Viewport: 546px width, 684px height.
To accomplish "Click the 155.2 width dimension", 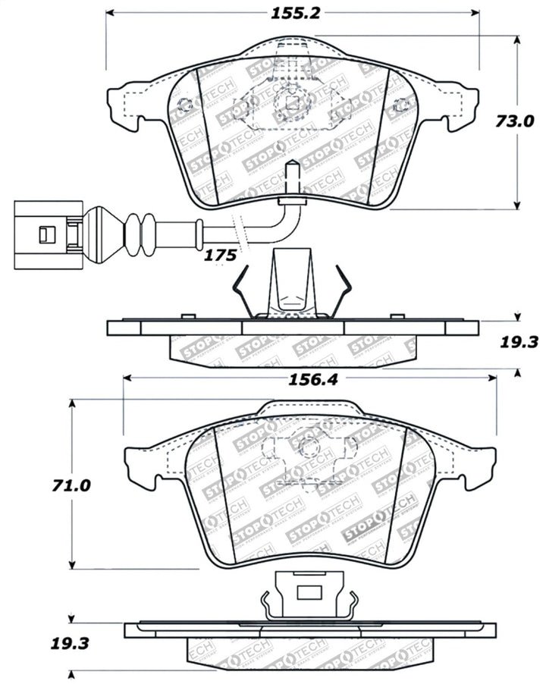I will pos(292,13).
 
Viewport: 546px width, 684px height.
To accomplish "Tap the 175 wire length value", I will pos(221,256).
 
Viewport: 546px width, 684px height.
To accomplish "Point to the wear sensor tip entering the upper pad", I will pos(292,182).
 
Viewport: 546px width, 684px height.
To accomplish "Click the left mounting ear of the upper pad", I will pos(126,106).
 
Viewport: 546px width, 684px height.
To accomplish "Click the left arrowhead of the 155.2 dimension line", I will pos(109,13).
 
